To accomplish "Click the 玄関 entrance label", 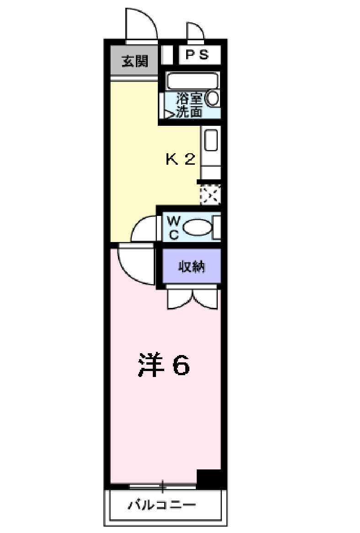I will pyautogui.click(x=135, y=61).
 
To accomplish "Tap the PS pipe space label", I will pyautogui.click(x=197, y=55).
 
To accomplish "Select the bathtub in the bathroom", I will pyautogui.click(x=193, y=81).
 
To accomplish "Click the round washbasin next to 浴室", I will pyautogui.click(x=213, y=98).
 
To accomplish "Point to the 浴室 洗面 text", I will pyautogui.click(x=189, y=105).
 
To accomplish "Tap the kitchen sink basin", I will pyautogui.click(x=210, y=140).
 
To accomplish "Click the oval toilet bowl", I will pyautogui.click(x=197, y=228).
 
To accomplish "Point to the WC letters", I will pyautogui.click(x=174, y=226).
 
